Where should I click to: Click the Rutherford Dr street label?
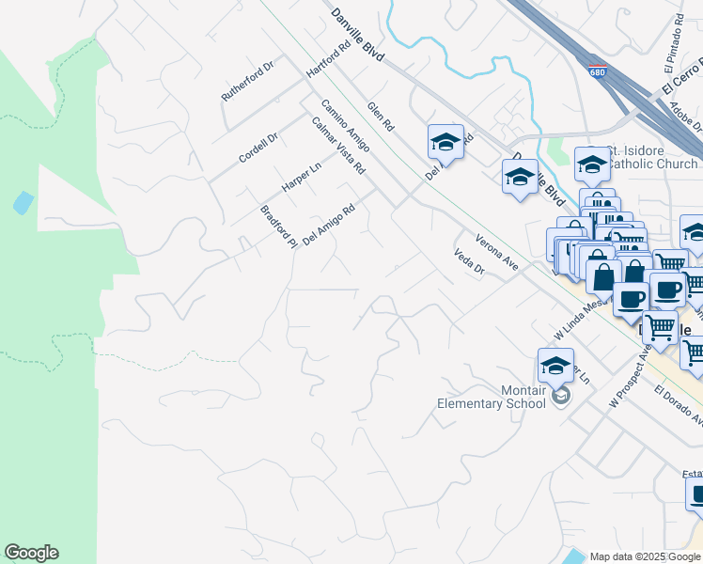(246, 83)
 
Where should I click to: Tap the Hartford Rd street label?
(328, 59)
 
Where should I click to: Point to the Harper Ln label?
(302, 176)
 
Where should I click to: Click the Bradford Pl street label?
(278, 227)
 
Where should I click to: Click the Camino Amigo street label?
(345, 125)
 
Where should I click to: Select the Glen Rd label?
(381, 117)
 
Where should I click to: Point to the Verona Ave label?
(497, 252)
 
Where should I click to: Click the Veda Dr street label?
(468, 261)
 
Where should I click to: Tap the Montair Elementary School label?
(492, 397)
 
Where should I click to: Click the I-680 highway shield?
(598, 71)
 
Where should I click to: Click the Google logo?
(31, 553)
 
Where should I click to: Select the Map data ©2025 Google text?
(645, 556)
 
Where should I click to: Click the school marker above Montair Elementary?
(555, 367)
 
